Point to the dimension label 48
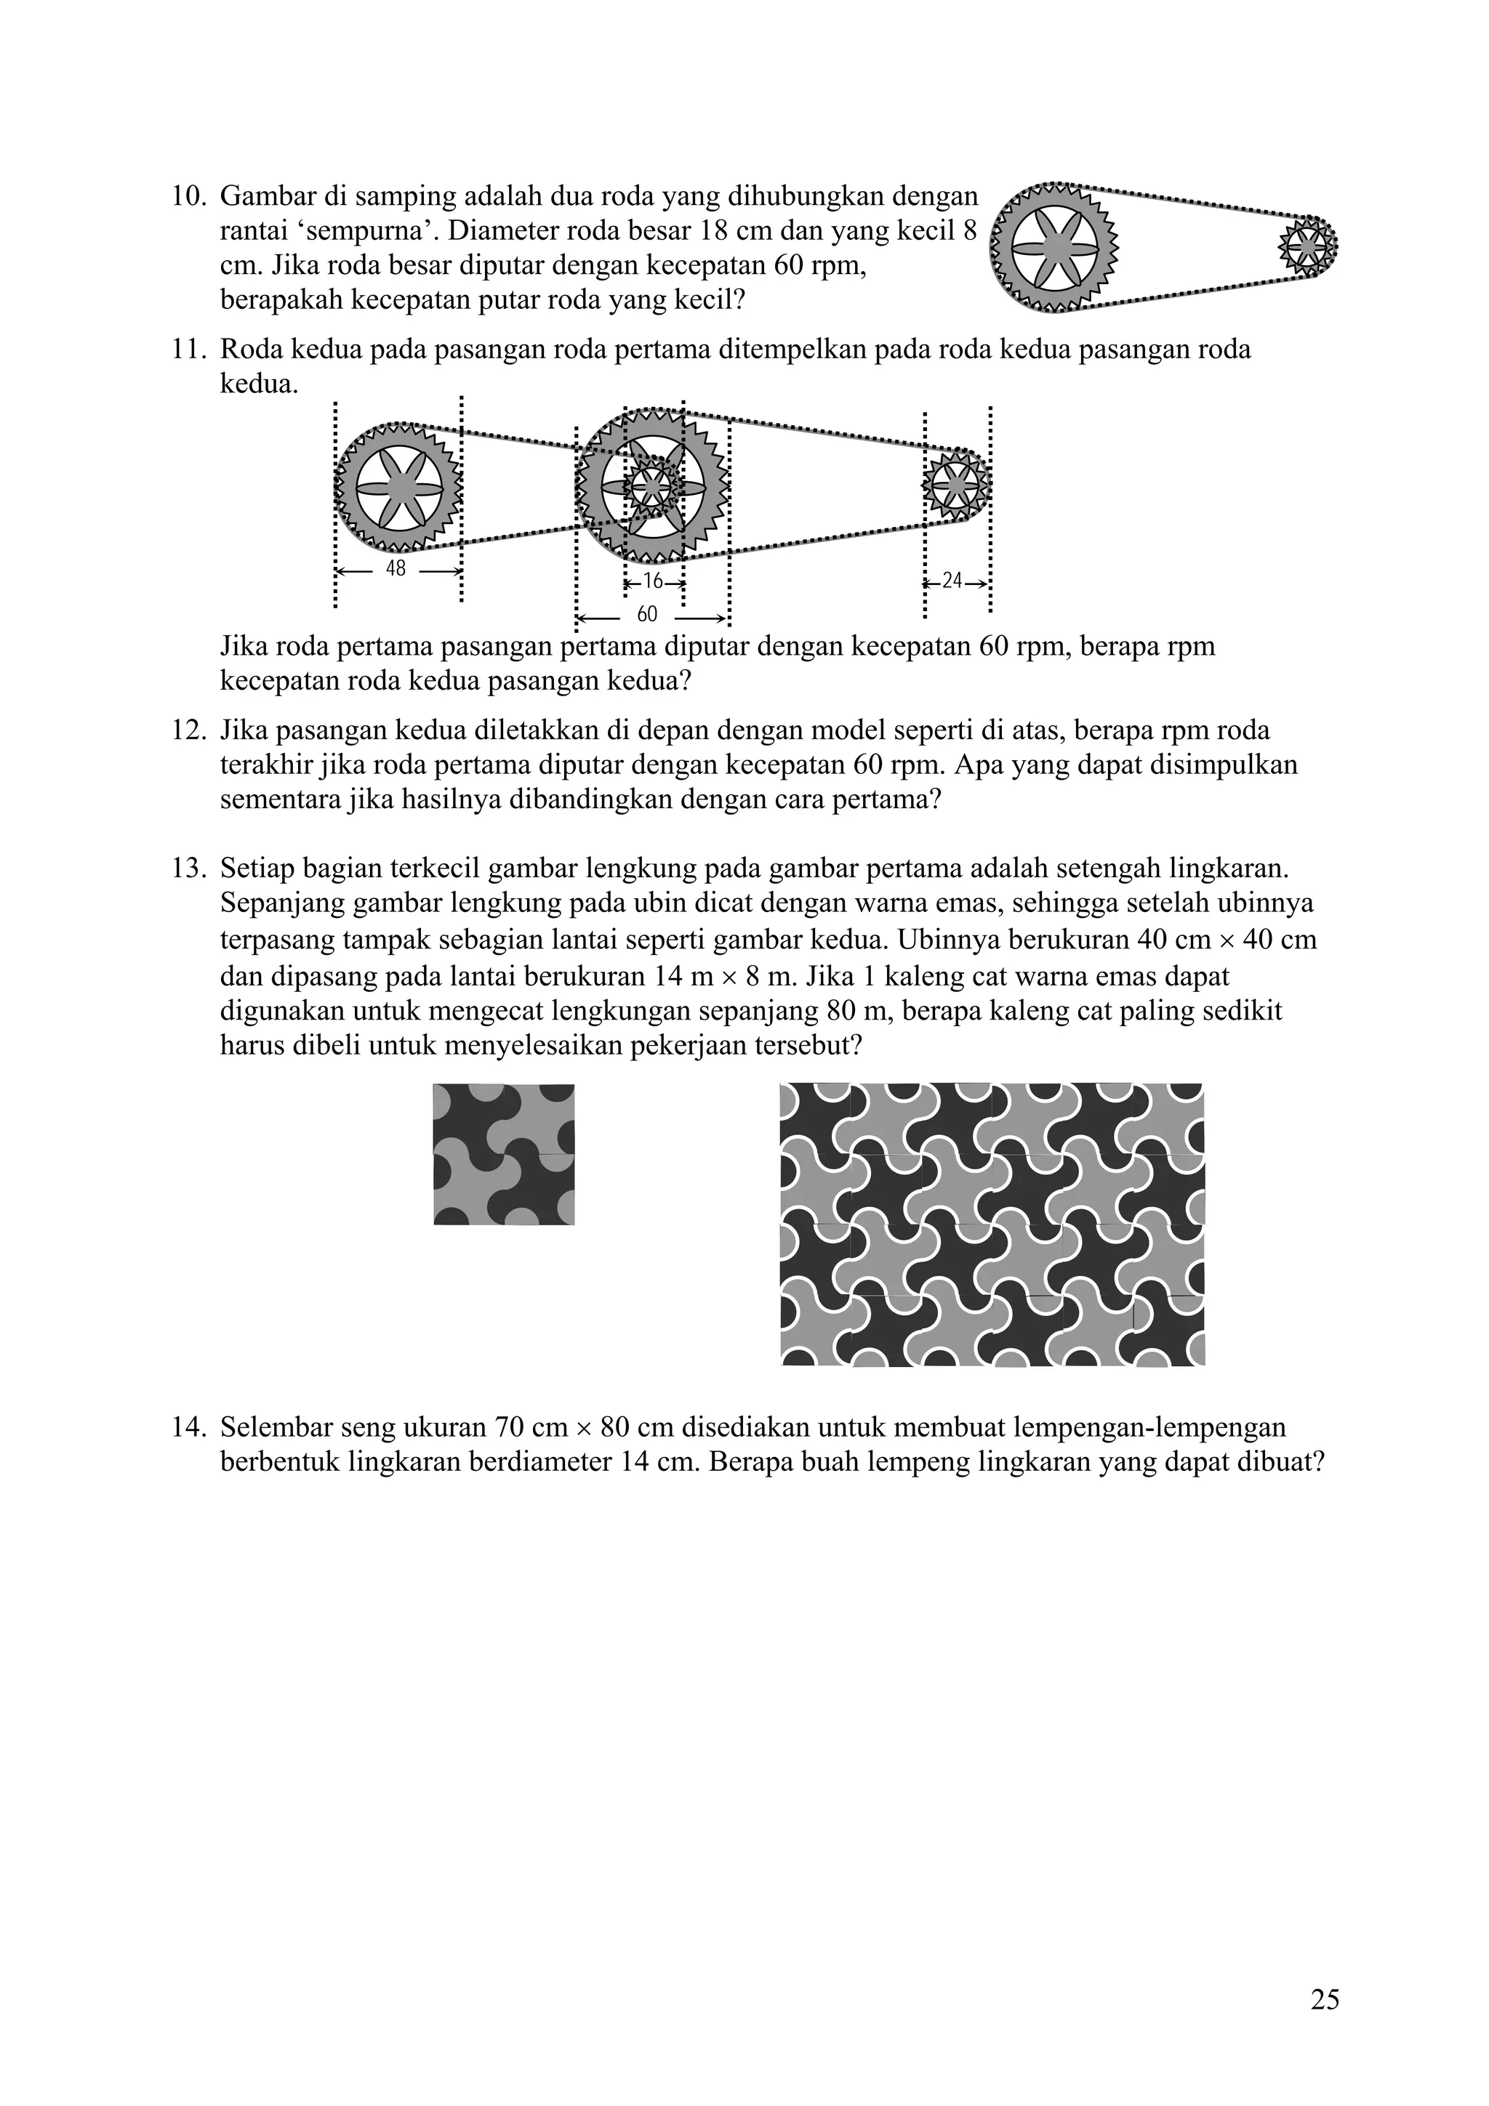396,569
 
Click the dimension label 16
652,581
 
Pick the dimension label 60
647,615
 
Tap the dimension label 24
952,581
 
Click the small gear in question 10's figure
1306,245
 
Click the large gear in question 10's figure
1057,246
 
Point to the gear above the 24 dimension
955,484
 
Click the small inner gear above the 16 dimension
652,486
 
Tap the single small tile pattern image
504,1154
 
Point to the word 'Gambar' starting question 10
265,196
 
